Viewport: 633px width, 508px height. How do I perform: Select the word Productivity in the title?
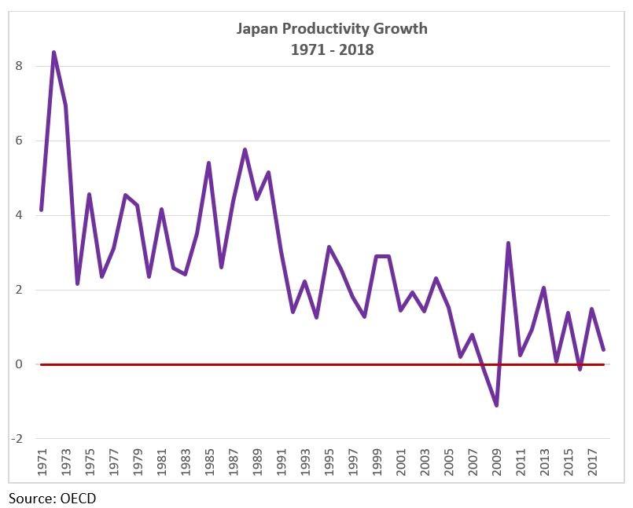[314, 29]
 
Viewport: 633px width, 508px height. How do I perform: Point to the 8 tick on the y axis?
[18, 66]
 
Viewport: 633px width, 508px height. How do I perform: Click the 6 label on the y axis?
[18, 141]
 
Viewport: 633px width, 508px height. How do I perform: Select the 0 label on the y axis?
[18, 364]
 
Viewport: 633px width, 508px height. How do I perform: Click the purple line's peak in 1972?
[53, 53]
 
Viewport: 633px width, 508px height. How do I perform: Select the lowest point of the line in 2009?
[497, 405]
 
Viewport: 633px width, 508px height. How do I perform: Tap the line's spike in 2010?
[509, 243]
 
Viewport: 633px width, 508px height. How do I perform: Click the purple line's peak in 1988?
[245, 149]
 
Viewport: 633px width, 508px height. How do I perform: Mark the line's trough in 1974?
[77, 283]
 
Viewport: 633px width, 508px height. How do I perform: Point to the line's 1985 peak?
[208, 163]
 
